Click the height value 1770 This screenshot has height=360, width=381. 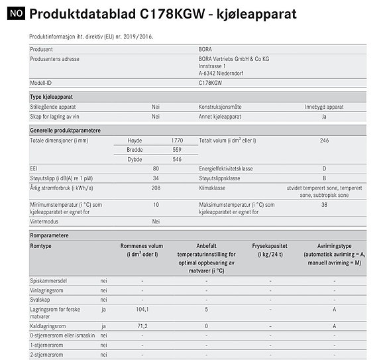pyautogui.click(x=176, y=141)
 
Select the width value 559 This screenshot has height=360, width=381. pyautogui.click(x=176, y=150)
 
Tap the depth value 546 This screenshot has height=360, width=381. pyautogui.click(x=176, y=159)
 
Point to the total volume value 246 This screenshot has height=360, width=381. pyautogui.click(x=324, y=141)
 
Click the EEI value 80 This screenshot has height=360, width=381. pyautogui.click(x=156, y=169)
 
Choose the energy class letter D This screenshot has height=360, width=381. pyautogui.click(x=324, y=169)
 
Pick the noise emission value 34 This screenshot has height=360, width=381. pyautogui.click(x=156, y=178)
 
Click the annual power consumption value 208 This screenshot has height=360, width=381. pyautogui.click(x=156, y=188)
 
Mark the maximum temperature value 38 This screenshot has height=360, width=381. pyautogui.click(x=324, y=205)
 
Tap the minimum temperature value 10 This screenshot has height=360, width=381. pyautogui.click(x=156, y=205)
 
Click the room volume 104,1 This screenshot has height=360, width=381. pyautogui.click(x=142, y=308)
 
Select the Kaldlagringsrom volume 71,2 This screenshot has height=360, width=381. pyautogui.click(x=142, y=326)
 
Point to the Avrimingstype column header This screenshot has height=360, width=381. pyautogui.click(x=333, y=250)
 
